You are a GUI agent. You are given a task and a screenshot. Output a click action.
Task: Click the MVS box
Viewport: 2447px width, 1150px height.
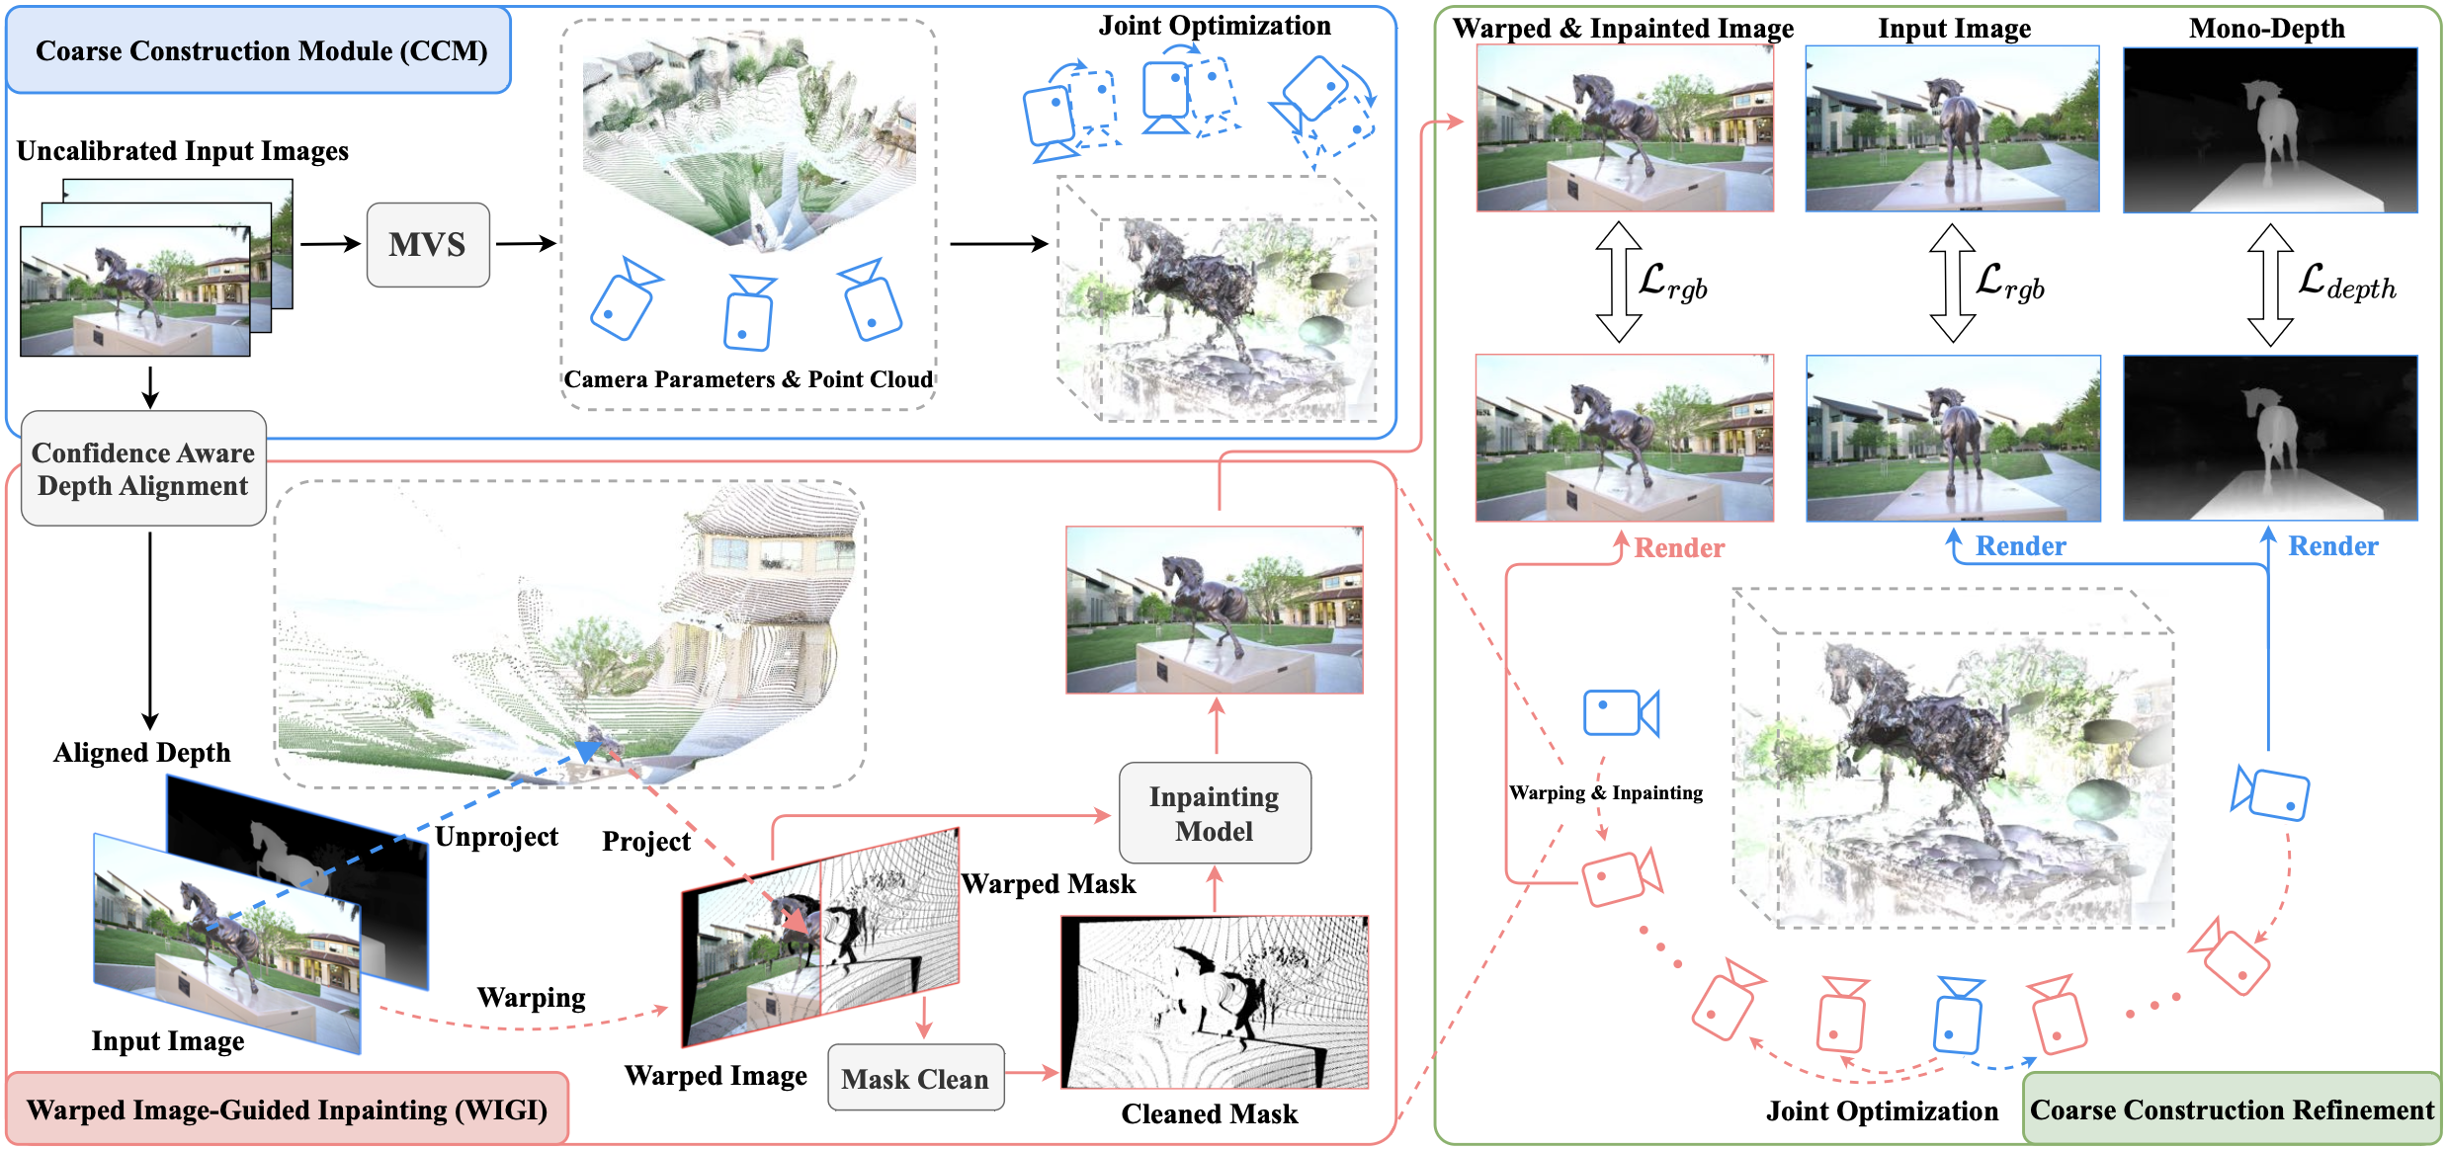pos(428,245)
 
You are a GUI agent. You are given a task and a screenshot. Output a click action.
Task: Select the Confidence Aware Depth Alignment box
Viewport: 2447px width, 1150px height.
pos(143,469)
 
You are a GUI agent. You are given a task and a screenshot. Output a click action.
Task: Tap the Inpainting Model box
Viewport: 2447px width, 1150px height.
pos(1215,813)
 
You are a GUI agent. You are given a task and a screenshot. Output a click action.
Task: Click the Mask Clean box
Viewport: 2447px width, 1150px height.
pos(915,1078)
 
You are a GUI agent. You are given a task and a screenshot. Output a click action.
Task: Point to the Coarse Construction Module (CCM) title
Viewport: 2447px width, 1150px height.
pos(261,51)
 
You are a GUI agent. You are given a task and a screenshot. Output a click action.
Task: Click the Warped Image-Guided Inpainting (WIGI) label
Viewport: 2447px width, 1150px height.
pos(287,1109)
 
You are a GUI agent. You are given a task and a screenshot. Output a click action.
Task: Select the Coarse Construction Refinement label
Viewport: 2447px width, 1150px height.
pos(2232,1109)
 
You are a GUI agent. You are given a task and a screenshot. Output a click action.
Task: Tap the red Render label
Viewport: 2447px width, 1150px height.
pos(1678,547)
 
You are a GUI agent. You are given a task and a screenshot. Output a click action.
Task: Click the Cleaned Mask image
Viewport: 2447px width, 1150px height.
pos(1215,1002)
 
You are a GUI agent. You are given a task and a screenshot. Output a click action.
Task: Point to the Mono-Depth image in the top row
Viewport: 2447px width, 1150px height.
pos(2270,129)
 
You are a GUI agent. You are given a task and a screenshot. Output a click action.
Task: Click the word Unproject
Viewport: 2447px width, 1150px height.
pos(496,837)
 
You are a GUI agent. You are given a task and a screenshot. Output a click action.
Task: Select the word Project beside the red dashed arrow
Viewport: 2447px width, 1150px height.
pos(646,842)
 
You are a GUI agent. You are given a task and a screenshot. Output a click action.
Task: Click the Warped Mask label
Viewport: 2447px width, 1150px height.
pos(1049,883)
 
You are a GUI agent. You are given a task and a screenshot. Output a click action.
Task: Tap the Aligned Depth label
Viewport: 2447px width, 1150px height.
pos(142,753)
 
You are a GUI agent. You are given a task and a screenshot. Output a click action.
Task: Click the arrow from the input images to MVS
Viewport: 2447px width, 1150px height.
pos(330,244)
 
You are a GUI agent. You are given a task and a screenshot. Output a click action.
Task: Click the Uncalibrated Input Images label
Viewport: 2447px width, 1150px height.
pos(183,151)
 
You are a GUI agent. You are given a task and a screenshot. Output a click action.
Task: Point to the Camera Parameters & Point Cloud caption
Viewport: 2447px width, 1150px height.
pos(748,379)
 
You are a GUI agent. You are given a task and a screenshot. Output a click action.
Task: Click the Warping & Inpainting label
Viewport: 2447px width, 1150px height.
pos(1606,792)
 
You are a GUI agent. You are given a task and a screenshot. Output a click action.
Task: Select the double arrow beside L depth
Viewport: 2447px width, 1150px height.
pos(2270,284)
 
